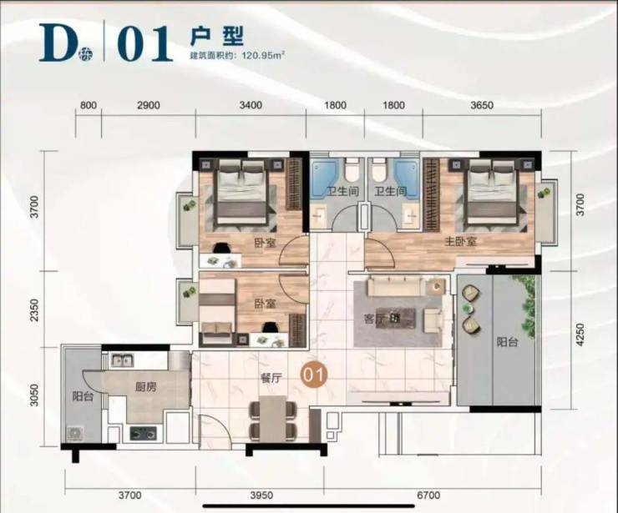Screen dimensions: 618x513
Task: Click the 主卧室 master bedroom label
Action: (x=460, y=241)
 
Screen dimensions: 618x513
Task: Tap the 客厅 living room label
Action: (x=375, y=319)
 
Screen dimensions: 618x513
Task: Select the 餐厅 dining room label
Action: (x=271, y=379)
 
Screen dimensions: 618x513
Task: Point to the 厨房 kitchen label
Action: (x=145, y=387)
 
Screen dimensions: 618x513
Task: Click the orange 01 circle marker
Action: (x=314, y=375)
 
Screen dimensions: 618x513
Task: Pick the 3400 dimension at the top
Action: (x=251, y=105)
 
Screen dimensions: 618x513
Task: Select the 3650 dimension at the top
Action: (x=482, y=105)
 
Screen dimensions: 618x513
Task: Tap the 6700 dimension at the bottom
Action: (x=428, y=495)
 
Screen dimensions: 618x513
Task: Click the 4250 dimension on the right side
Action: (x=580, y=335)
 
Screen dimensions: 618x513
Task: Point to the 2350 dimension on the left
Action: (x=35, y=310)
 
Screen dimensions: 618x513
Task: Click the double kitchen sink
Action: (x=121, y=360)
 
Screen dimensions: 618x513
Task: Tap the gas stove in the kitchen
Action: (x=143, y=434)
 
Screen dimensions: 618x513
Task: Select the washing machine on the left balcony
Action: (x=75, y=433)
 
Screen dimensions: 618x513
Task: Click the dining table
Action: (x=272, y=420)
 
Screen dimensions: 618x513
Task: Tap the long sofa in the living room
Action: (x=396, y=285)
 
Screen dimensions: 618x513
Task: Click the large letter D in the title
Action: (x=58, y=43)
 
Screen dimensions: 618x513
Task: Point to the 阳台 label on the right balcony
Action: (x=507, y=342)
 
